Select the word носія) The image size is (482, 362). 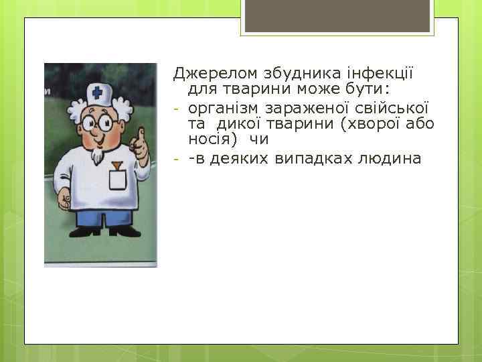coord(214,141)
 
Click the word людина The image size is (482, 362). coord(391,159)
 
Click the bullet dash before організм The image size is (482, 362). coord(177,108)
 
